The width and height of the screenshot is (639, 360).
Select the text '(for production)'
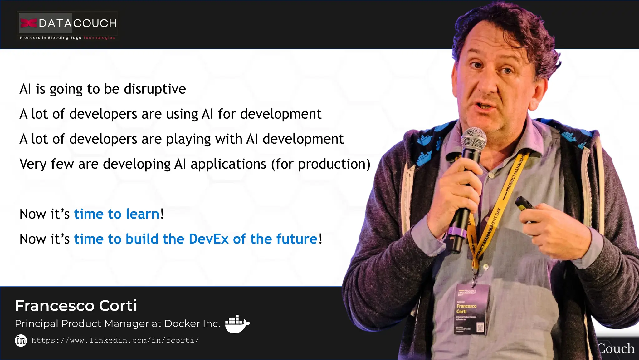321,164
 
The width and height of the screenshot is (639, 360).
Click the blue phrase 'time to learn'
117,214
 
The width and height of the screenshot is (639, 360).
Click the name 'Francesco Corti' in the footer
76,306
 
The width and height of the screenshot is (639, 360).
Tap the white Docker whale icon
237,324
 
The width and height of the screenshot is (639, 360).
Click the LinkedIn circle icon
21,340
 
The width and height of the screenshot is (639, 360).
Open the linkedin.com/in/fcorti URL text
115,340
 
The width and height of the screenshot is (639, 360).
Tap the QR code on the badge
480,328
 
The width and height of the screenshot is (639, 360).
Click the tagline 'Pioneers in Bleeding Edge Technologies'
67,38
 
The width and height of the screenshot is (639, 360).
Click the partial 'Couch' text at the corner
616,348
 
